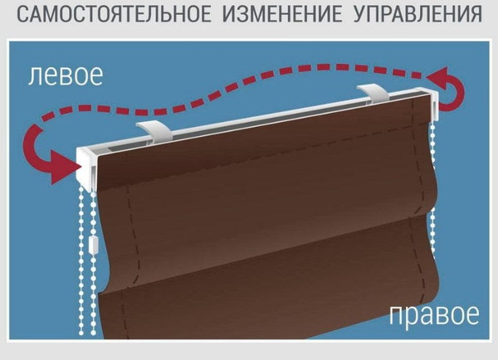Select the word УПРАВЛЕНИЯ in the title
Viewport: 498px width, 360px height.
point(416,14)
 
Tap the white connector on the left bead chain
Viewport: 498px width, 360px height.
point(93,246)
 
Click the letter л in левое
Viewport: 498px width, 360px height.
point(36,77)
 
